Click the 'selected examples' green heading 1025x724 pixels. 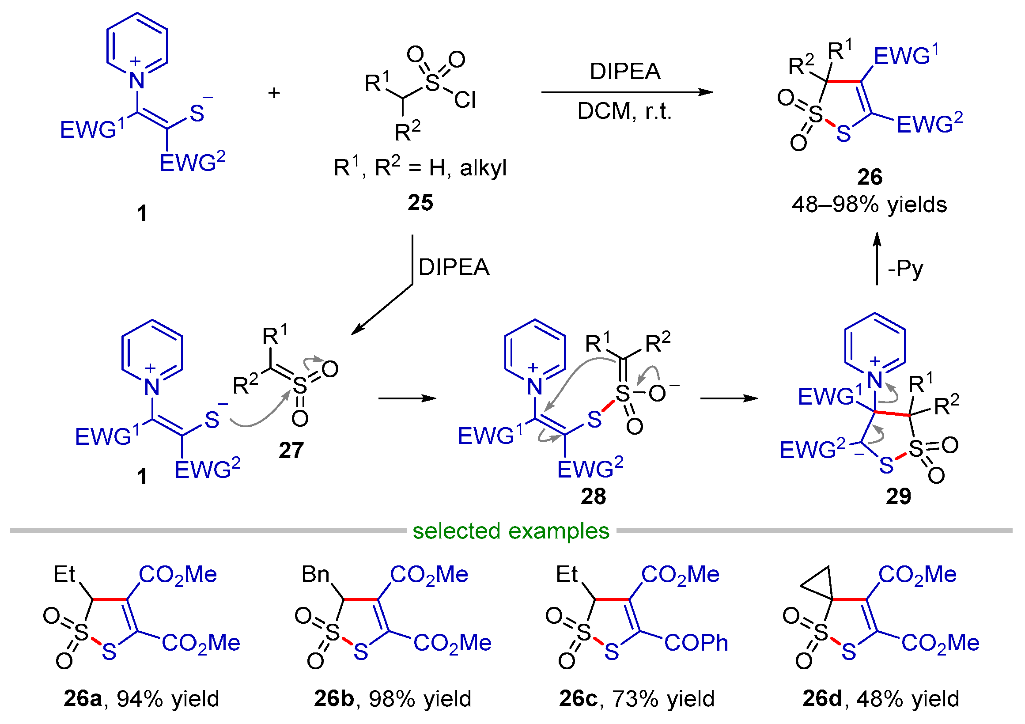pyautogui.click(x=511, y=531)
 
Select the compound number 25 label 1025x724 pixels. pyautogui.click(x=420, y=203)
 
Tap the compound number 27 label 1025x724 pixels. pyautogui.click(x=291, y=450)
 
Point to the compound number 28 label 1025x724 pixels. pyautogui.click(x=593, y=496)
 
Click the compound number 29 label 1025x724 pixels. pyautogui.click(x=898, y=496)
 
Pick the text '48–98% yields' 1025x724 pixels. pyautogui.click(x=869, y=205)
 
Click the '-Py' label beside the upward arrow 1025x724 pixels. pyautogui.click(x=905, y=269)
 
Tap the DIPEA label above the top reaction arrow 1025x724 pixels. pyautogui.click(x=625, y=72)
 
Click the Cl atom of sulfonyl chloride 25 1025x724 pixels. pyautogui.click(x=465, y=100)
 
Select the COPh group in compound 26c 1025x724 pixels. pyautogui.click(x=696, y=643)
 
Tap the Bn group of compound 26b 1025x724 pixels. pyautogui.click(x=315, y=574)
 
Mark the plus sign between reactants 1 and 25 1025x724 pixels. pyautogui.click(x=274, y=93)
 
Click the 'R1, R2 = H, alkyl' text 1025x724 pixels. pyautogui.click(x=420, y=168)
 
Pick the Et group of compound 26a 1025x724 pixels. pyautogui.click(x=64, y=574)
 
